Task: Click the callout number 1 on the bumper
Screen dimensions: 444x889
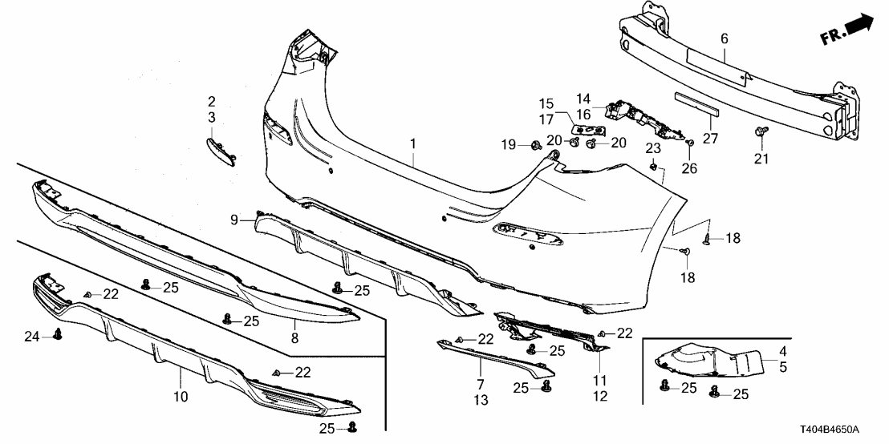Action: coord(413,143)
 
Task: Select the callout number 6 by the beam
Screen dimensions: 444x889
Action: coord(724,38)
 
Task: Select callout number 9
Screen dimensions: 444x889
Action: coord(234,219)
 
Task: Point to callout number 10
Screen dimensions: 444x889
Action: coord(181,396)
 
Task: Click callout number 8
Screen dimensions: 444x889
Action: coord(294,338)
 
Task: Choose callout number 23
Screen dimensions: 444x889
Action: coord(653,147)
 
